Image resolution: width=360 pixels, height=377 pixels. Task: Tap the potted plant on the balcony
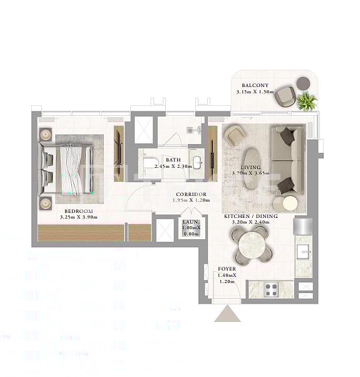(306, 101)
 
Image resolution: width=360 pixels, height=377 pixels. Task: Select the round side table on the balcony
(303, 83)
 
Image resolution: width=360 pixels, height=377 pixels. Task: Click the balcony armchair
(285, 95)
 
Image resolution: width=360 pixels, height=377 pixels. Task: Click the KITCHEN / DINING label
(247, 216)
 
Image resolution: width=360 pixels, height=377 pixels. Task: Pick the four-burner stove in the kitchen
(272, 289)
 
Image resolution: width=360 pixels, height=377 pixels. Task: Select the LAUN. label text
(192, 222)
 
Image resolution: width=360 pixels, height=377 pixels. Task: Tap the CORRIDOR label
(191, 194)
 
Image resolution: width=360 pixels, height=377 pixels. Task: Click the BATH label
(173, 160)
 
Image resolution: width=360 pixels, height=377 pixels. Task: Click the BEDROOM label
(78, 211)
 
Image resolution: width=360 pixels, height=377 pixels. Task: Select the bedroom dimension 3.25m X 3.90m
(78, 217)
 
